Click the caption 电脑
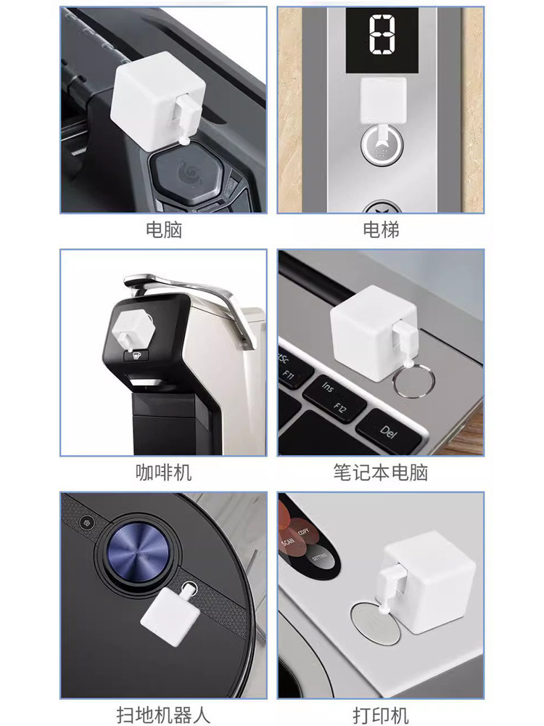click(x=164, y=230)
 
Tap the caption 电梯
click(x=381, y=230)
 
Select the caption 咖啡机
click(x=163, y=473)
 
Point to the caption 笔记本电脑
click(x=381, y=473)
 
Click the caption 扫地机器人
click(x=163, y=715)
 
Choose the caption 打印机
click(x=381, y=715)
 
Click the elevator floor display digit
click(x=382, y=33)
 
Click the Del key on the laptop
click(x=390, y=431)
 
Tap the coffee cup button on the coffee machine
click(x=136, y=356)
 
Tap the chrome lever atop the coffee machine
click(x=194, y=298)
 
